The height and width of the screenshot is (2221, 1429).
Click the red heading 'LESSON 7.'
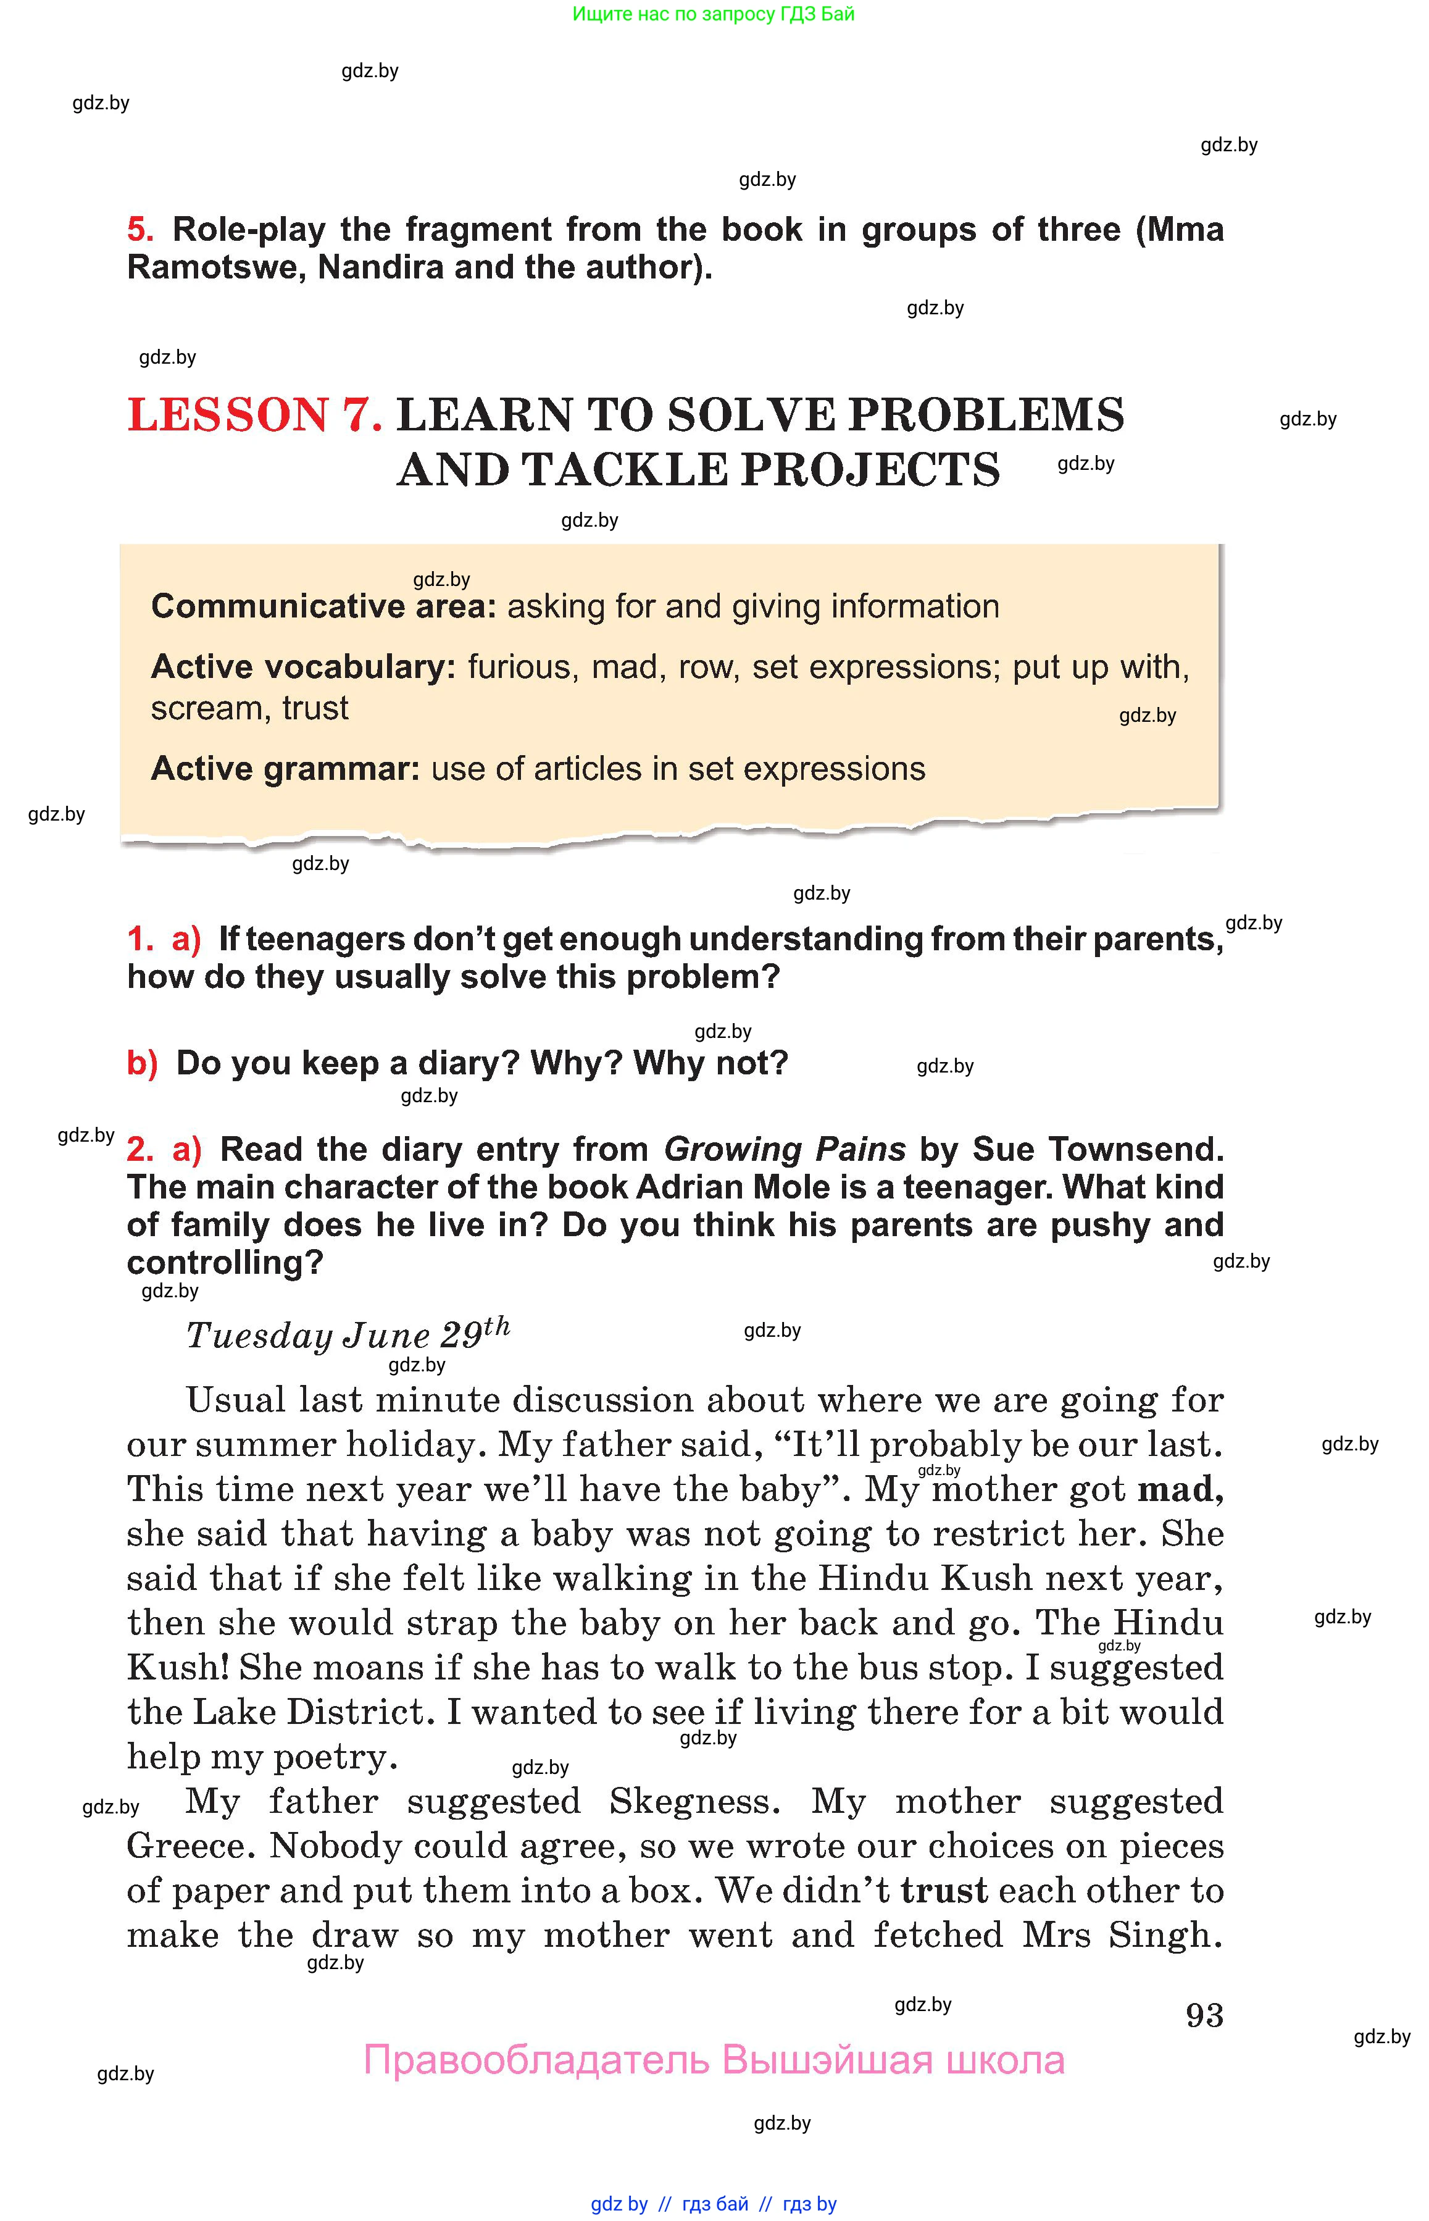point(254,415)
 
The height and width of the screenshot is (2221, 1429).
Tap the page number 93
point(1204,2014)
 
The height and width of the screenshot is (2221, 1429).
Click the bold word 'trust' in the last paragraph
point(944,1891)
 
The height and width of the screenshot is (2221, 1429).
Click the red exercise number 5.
point(139,229)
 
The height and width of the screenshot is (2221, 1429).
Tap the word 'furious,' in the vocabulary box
point(520,666)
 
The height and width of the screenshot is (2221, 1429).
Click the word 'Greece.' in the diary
point(191,1846)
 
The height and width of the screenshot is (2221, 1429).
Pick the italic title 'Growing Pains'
point(784,1149)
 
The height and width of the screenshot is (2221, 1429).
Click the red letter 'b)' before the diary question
point(142,1063)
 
